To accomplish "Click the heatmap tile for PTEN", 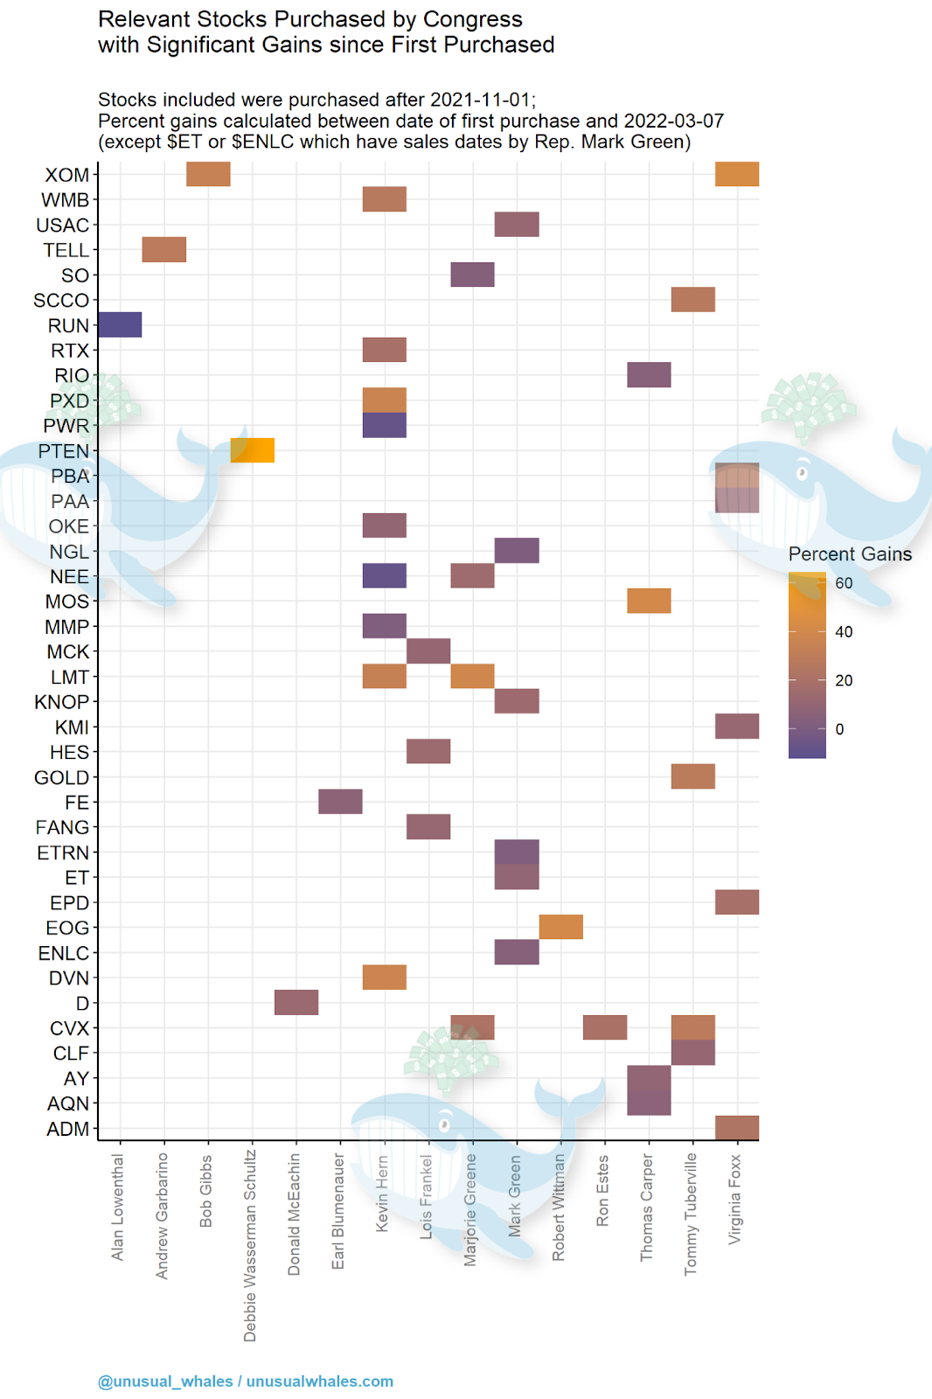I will click(252, 450).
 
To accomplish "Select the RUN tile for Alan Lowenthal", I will click(120, 324).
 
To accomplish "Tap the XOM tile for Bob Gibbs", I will click(208, 174).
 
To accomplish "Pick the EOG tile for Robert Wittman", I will click(560, 927).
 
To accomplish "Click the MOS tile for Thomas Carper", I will click(649, 601).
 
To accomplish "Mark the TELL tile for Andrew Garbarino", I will click(163, 249).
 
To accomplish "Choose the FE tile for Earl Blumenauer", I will click(340, 801).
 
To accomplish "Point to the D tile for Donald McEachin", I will click(296, 1002).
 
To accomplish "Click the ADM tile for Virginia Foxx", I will click(737, 1128).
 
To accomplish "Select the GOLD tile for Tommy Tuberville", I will click(692, 776).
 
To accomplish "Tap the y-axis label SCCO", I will click(61, 301).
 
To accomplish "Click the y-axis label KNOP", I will click(61, 702).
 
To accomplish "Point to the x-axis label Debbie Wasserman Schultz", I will click(251, 1246).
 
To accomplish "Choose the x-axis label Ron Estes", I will click(602, 1190).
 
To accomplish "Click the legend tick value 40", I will click(844, 631).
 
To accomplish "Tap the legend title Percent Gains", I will click(850, 554).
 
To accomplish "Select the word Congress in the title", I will click(473, 19).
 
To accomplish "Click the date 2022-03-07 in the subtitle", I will click(673, 122).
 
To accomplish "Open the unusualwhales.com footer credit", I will click(319, 1382).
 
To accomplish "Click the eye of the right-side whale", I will click(801, 473).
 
